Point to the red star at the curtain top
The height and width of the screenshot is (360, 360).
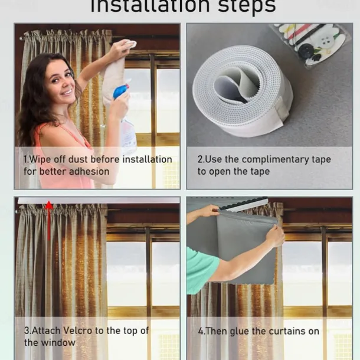coord(49,205)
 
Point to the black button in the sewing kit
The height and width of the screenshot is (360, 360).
coord(305,51)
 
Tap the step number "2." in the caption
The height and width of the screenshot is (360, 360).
coord(201,159)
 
